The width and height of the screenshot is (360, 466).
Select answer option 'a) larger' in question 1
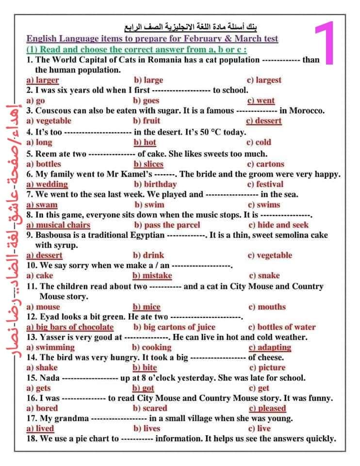click(x=42, y=80)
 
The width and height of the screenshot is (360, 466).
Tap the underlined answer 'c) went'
click(x=261, y=100)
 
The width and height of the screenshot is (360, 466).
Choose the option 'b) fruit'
click(x=147, y=120)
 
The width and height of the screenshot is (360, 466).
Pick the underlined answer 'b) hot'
click(x=145, y=142)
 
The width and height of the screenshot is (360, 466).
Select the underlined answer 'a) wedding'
click(x=47, y=184)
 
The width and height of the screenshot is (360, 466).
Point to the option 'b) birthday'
click(x=155, y=184)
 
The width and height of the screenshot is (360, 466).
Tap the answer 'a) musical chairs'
click(x=58, y=225)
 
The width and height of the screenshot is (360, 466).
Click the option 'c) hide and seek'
click(x=278, y=225)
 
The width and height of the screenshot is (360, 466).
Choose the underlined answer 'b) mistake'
click(x=152, y=275)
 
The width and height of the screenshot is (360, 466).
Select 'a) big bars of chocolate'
click(x=70, y=327)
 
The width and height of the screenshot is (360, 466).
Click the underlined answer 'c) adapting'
click(x=270, y=347)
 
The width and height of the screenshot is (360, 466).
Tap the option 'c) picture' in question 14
click(x=267, y=367)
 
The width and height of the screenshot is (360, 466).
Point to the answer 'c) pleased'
click(x=267, y=408)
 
